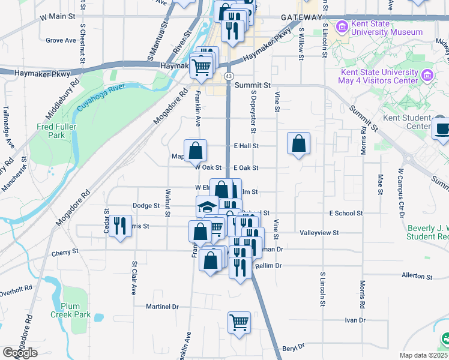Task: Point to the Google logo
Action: coord(20,353)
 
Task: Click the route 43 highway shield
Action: coord(229,76)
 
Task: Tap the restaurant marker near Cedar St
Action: coord(120,227)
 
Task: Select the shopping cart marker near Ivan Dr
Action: coord(239,323)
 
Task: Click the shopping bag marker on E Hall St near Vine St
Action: coord(298,144)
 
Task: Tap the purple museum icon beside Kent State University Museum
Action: coord(342,26)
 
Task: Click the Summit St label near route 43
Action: coord(253,86)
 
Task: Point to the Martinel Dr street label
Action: coord(163,307)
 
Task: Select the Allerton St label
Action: coord(417,275)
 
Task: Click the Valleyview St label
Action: coord(319,232)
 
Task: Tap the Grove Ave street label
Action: coord(61,41)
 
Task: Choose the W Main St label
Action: coord(58,17)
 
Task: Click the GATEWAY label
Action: coord(298,18)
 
